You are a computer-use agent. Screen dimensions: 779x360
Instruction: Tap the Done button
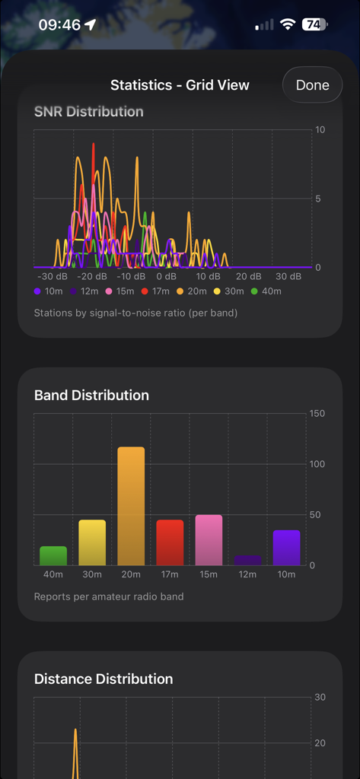coord(312,85)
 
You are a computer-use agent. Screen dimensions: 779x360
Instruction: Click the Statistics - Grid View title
coord(180,85)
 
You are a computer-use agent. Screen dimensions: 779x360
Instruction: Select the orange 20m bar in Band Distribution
coord(131,506)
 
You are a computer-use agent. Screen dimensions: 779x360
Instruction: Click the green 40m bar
coord(53,555)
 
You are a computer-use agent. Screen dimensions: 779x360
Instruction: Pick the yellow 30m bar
coord(92,542)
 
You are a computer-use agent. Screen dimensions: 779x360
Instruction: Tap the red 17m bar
coord(170,542)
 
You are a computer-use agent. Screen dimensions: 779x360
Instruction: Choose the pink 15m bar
coord(209,540)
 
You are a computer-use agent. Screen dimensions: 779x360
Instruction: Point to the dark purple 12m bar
coord(247,560)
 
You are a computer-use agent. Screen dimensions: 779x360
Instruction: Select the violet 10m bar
coord(286,548)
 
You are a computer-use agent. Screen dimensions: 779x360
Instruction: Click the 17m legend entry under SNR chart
coord(158,291)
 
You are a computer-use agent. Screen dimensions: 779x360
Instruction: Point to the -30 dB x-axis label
coord(52,276)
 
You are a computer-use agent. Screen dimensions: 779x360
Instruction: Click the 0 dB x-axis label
coord(167,276)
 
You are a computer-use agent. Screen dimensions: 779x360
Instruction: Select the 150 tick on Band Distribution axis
coord(317,414)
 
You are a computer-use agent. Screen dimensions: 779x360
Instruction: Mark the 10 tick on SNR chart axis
coord(320,130)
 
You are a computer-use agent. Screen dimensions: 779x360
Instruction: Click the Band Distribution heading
coord(91,395)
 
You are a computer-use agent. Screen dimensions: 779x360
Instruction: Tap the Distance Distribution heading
coord(104,679)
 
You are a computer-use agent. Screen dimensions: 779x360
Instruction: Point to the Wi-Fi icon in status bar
coord(287,24)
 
